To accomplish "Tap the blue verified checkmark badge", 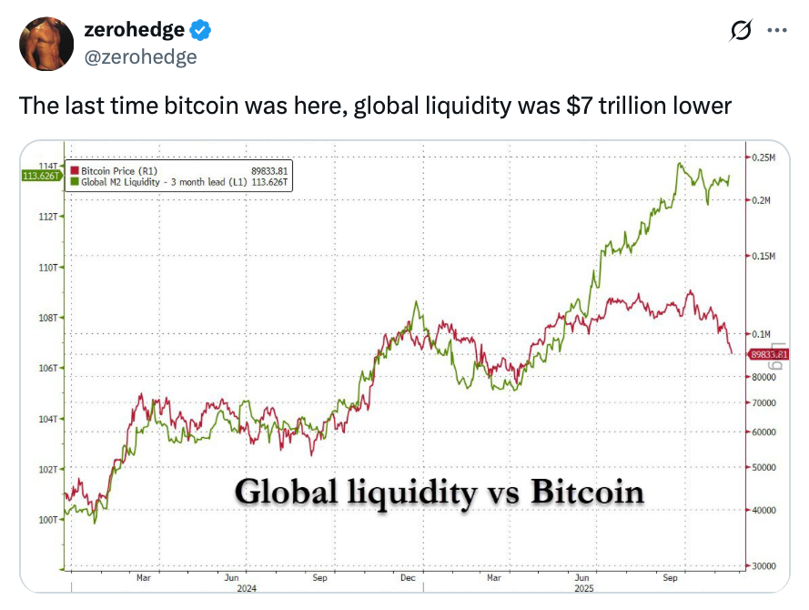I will click(x=201, y=30).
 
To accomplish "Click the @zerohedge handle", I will click(x=140, y=57).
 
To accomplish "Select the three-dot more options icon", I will click(x=776, y=30).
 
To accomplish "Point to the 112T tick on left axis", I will click(x=47, y=217).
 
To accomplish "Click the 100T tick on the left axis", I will click(x=47, y=519).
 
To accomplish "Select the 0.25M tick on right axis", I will click(x=763, y=158).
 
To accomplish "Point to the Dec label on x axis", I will click(x=407, y=578).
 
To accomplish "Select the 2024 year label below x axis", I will click(x=246, y=588).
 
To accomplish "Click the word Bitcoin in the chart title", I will click(x=587, y=492).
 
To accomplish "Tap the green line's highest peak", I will click(x=680, y=163).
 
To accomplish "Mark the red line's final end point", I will click(x=733, y=353).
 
